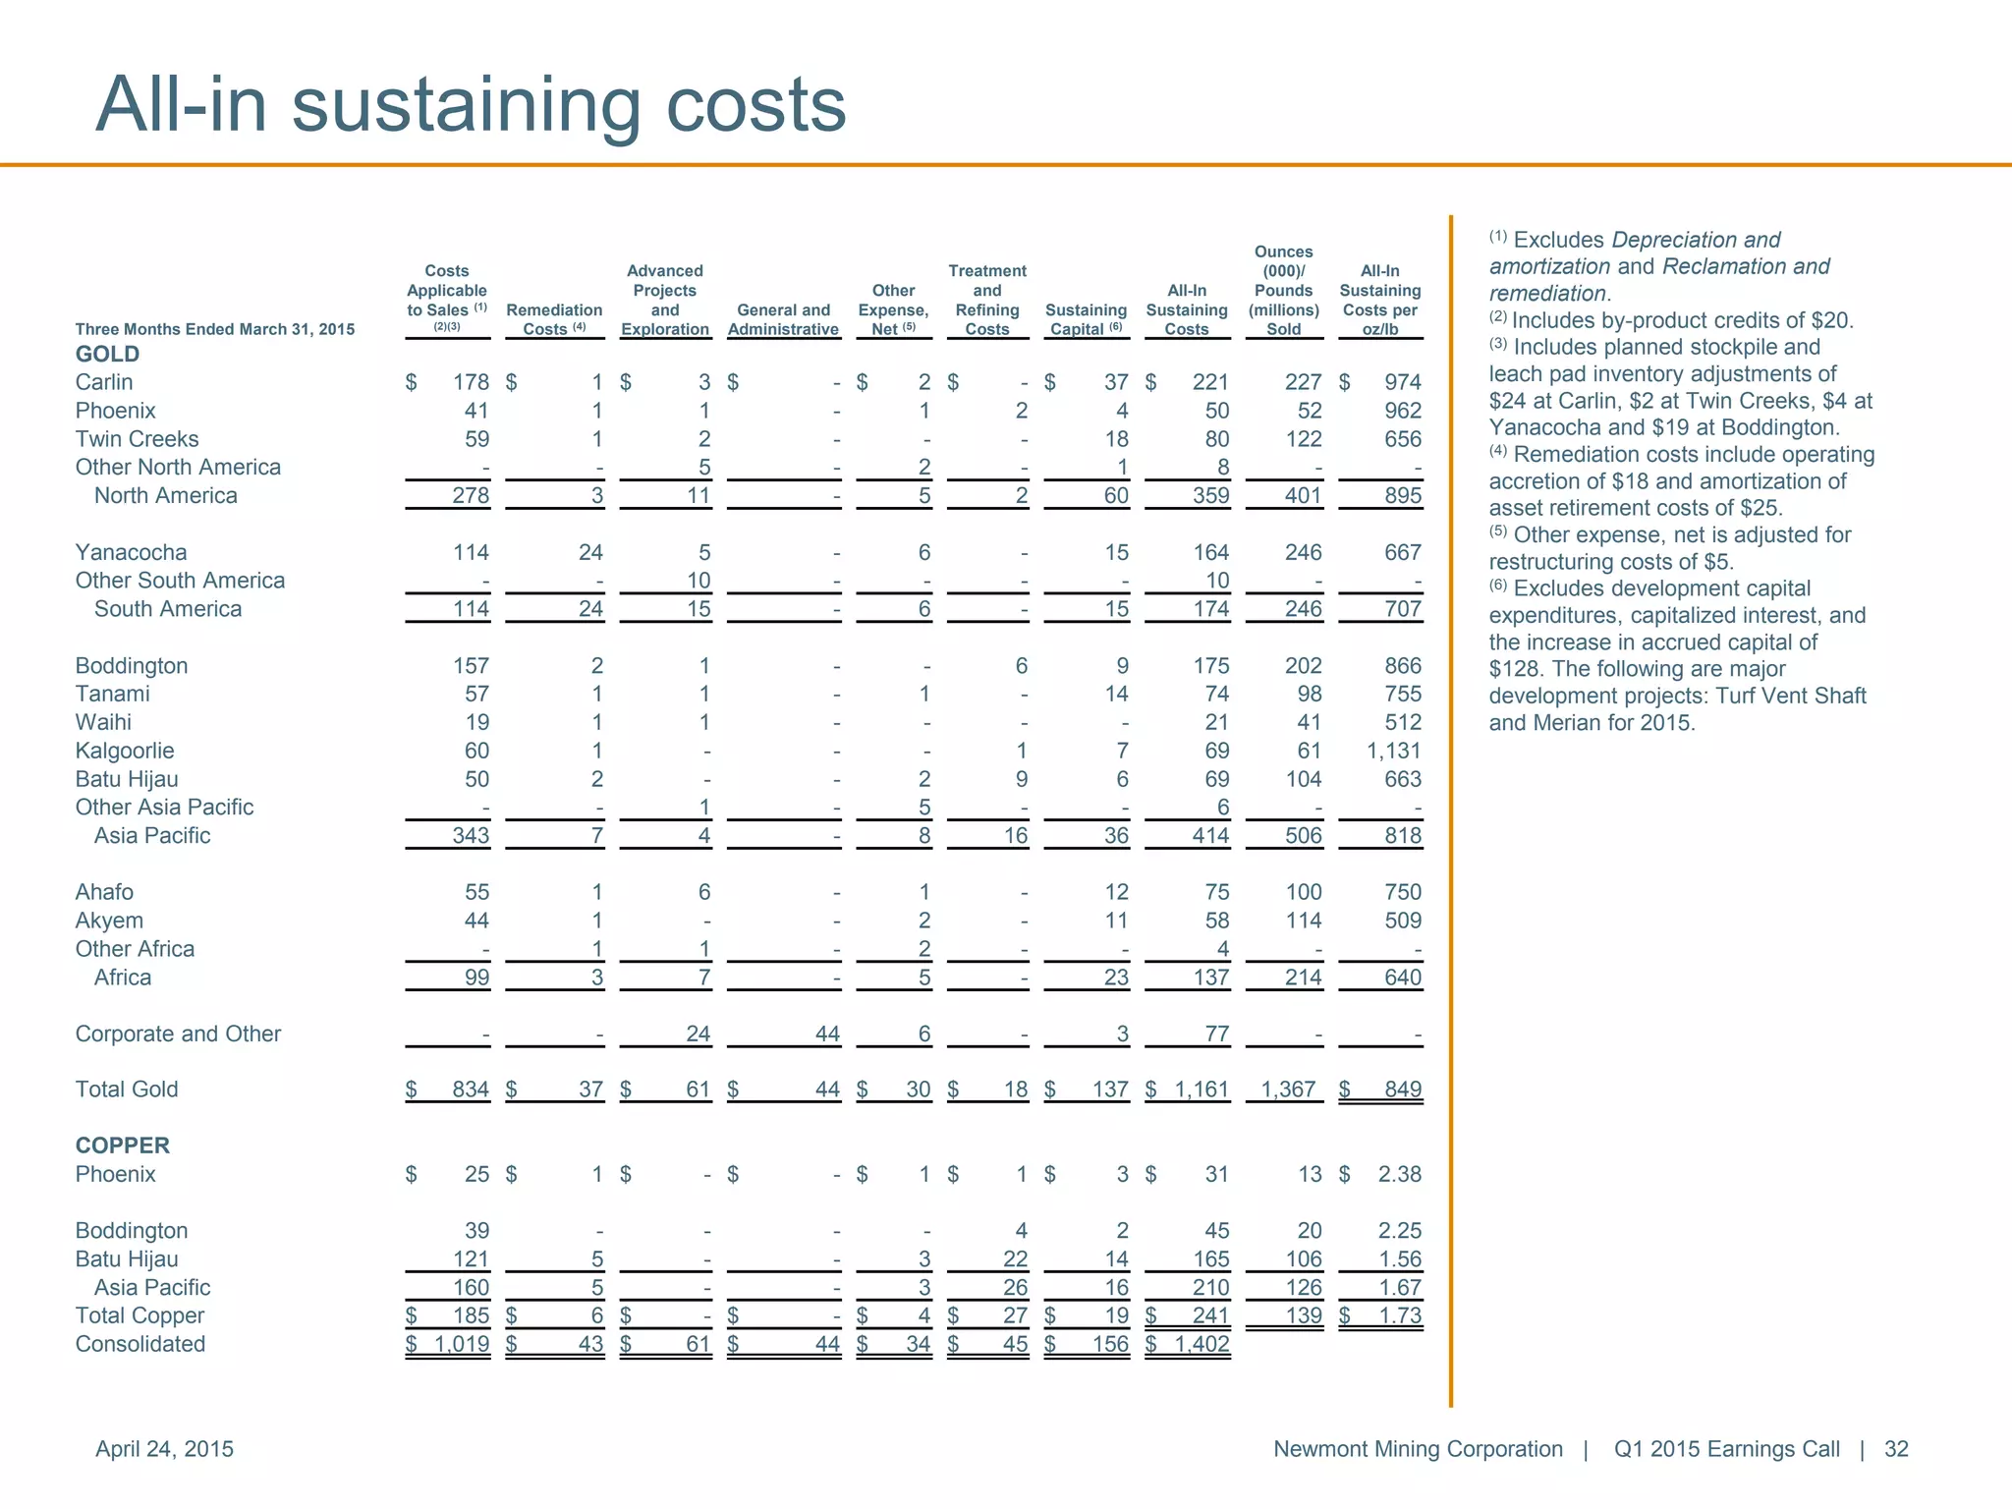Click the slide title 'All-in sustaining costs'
[x=471, y=104]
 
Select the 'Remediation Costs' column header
[x=554, y=319]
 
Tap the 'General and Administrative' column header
[x=783, y=319]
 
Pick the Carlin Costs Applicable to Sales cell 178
[x=471, y=382]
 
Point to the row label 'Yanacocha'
[x=131, y=552]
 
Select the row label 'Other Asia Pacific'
[x=164, y=808]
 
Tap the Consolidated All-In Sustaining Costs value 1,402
[x=1202, y=1344]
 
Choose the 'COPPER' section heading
[x=123, y=1146]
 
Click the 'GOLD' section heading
[x=107, y=354]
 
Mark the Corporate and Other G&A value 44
[x=827, y=1034]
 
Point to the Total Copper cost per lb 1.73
[x=1399, y=1315]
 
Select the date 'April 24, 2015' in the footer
[x=164, y=1449]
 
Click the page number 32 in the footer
[x=1896, y=1449]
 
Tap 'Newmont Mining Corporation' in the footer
[x=1418, y=1449]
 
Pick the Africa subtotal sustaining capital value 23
[x=1116, y=978]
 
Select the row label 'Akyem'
[x=109, y=921]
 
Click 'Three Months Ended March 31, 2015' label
[x=215, y=329]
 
